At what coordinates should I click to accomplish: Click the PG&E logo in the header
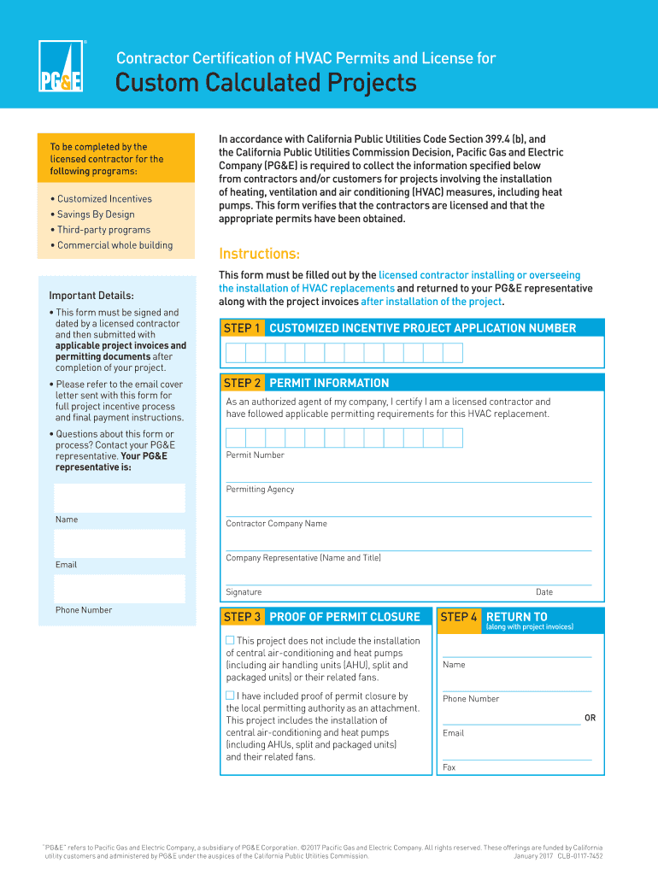coord(61,66)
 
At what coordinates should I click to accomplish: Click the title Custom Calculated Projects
coord(266,84)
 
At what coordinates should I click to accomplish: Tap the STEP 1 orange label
coord(243,328)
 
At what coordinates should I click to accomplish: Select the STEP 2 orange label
coord(243,383)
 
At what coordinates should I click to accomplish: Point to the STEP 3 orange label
coord(243,617)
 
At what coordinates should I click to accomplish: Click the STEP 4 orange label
coord(459,617)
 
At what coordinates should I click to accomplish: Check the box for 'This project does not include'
coord(230,640)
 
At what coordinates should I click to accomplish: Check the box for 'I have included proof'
coord(230,696)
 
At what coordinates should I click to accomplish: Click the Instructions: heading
coord(260,254)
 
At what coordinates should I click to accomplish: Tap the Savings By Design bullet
coord(95,214)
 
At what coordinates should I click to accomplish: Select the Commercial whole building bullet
coord(114,245)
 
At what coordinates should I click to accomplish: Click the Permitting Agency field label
coord(260,490)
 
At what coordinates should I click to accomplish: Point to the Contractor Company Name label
coord(276,524)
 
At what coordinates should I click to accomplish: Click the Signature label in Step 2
coord(244,592)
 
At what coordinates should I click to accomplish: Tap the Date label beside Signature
coord(544,592)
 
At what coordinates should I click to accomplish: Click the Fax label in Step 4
coord(449,767)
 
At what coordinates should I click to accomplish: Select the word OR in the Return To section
coord(590,718)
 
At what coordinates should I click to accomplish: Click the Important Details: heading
coord(91,296)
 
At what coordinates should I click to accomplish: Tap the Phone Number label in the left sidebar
coord(84,610)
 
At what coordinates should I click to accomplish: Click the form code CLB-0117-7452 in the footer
coord(580,855)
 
